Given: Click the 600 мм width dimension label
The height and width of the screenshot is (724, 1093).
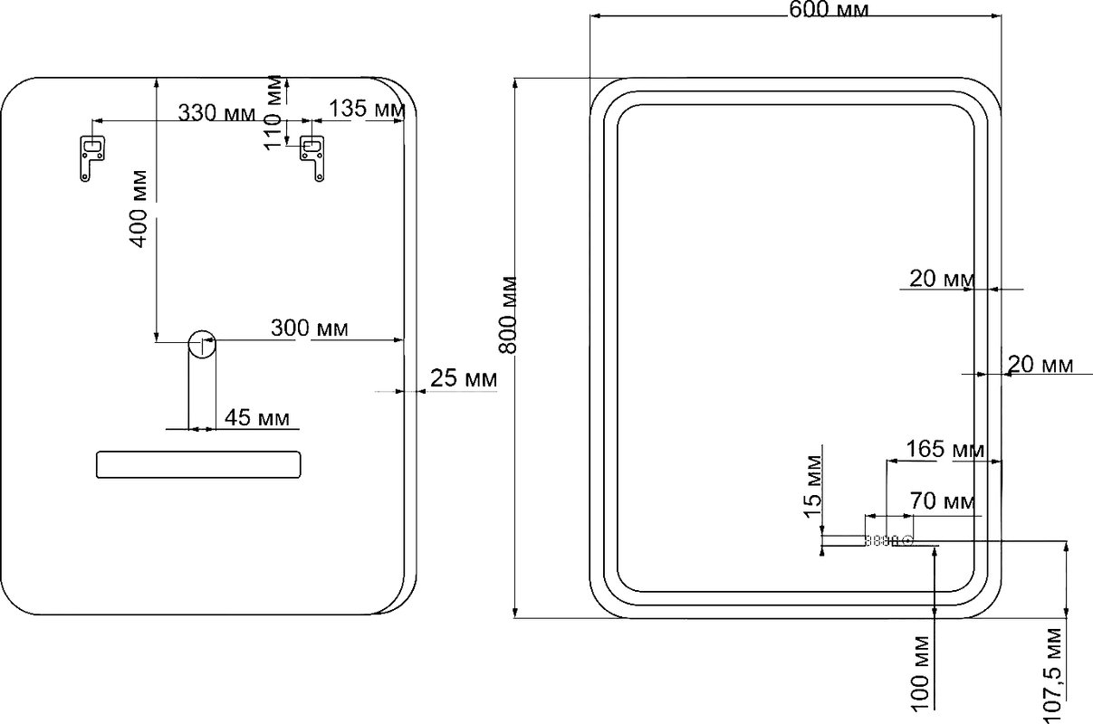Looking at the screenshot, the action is (x=829, y=10).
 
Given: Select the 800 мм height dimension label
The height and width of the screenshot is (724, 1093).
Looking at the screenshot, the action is (x=508, y=314).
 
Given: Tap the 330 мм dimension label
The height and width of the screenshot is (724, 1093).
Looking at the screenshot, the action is (x=216, y=113).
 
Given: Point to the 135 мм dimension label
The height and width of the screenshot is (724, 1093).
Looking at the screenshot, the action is (x=367, y=109).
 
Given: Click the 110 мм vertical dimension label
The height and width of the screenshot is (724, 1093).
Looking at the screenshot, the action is (x=273, y=112).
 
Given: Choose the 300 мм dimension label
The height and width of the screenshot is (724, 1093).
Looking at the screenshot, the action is (x=310, y=329).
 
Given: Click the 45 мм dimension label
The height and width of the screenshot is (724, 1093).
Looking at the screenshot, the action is (x=256, y=418).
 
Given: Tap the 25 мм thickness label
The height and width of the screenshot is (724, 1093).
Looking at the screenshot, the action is (x=464, y=378).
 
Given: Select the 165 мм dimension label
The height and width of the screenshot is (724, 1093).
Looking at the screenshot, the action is (x=945, y=449).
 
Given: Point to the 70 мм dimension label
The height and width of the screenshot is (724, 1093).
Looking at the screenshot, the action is (x=943, y=500).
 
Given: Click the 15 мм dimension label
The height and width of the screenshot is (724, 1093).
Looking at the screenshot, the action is (x=812, y=487).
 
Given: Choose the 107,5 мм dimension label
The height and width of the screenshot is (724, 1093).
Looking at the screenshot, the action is (x=1052, y=676).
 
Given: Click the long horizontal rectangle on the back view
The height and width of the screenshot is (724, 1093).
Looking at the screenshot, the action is (x=198, y=464).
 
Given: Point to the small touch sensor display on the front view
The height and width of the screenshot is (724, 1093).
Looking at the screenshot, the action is (x=888, y=540).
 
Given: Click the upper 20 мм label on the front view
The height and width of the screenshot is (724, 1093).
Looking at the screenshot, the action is (x=942, y=279).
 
